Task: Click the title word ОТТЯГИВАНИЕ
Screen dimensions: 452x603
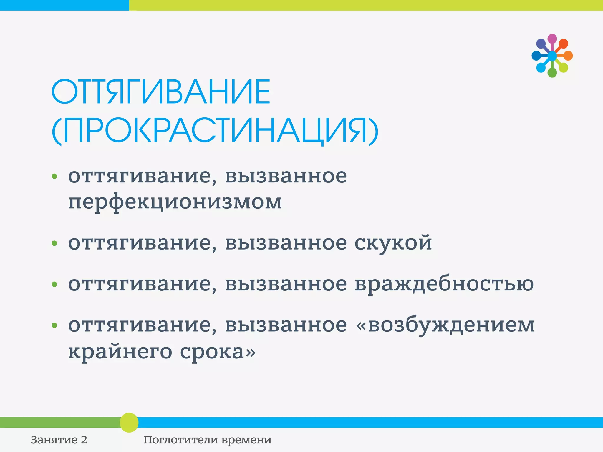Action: click(161, 92)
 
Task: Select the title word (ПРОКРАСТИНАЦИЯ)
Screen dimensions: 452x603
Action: click(215, 131)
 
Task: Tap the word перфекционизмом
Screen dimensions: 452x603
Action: click(175, 202)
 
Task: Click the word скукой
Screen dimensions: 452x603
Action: click(393, 243)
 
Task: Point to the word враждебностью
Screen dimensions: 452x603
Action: click(444, 284)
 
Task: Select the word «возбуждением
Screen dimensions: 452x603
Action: click(445, 325)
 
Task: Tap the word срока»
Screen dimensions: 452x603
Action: click(218, 352)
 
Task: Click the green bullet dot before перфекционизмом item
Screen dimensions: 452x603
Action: click(54, 177)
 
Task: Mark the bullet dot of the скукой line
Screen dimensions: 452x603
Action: click(54, 243)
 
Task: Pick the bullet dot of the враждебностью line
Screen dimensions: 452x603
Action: click(54, 284)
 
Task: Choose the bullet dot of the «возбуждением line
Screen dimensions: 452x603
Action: click(54, 325)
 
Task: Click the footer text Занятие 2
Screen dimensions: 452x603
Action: click(59, 440)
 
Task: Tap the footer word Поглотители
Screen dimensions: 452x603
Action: click(180, 440)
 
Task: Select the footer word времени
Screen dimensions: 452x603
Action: click(246, 440)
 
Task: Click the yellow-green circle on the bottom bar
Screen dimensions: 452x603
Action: click(129, 422)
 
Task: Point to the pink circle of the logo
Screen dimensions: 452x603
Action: click(552, 39)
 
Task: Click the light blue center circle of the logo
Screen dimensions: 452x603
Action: click(552, 56)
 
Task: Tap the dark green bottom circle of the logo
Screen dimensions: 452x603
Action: click(552, 73)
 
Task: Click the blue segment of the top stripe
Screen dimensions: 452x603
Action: click(64, 5)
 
